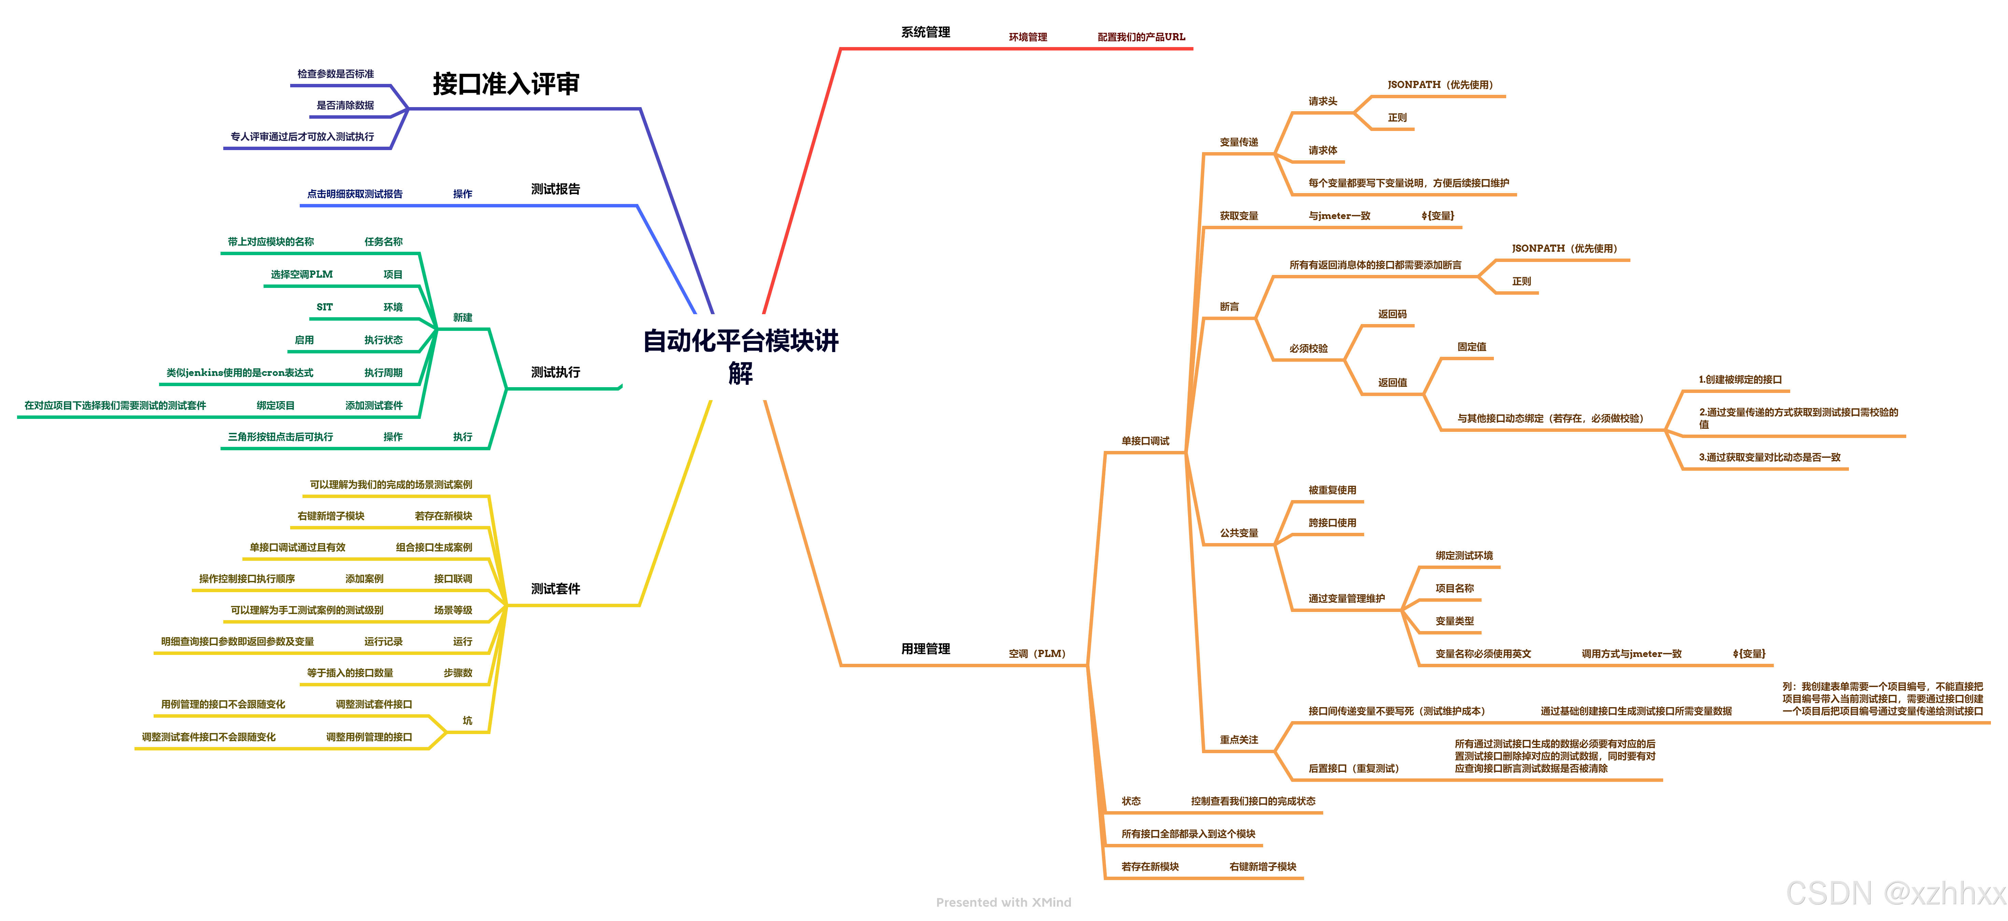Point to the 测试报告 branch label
[555, 189]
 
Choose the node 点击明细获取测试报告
[355, 194]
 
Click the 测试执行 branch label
[555, 372]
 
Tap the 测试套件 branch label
[555, 589]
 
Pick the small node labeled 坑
[467, 721]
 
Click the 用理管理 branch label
[925, 649]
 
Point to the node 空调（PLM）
[1037, 654]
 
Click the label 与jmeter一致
[1339, 216]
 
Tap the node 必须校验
[1308, 348]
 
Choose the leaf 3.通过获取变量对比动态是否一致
[1769, 457]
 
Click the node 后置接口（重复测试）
[1353, 768]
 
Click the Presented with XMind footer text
[1003, 902]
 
